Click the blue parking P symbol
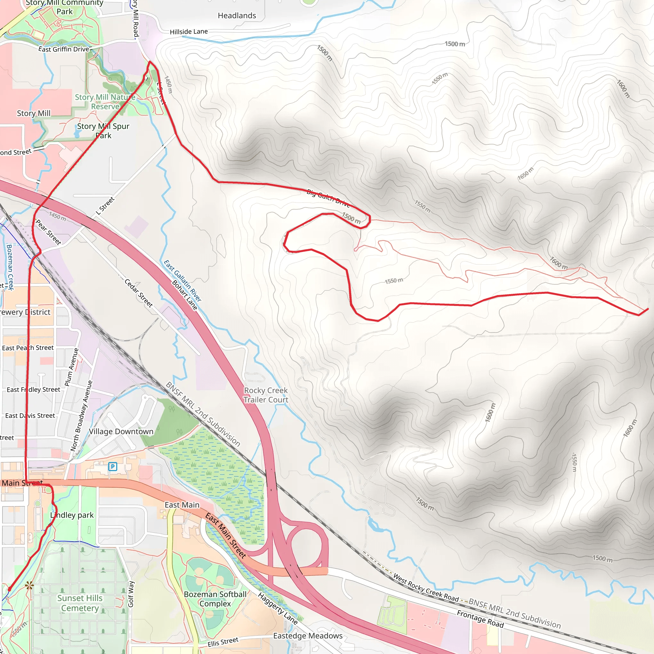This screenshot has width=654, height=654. (112, 467)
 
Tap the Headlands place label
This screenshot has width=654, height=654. (237, 16)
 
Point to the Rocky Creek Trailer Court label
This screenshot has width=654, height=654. (266, 395)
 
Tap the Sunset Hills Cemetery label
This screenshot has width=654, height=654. (80, 603)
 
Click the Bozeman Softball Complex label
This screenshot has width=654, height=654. (215, 599)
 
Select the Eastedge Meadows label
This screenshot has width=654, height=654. (308, 636)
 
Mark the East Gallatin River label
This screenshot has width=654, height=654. (182, 281)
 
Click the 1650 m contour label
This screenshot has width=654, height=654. (525, 174)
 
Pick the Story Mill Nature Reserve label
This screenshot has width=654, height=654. (105, 102)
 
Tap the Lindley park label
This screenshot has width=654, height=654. (72, 515)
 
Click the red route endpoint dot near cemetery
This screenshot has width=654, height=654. (10, 589)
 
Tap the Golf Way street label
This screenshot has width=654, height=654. (131, 594)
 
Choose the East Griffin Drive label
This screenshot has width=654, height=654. (64, 49)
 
